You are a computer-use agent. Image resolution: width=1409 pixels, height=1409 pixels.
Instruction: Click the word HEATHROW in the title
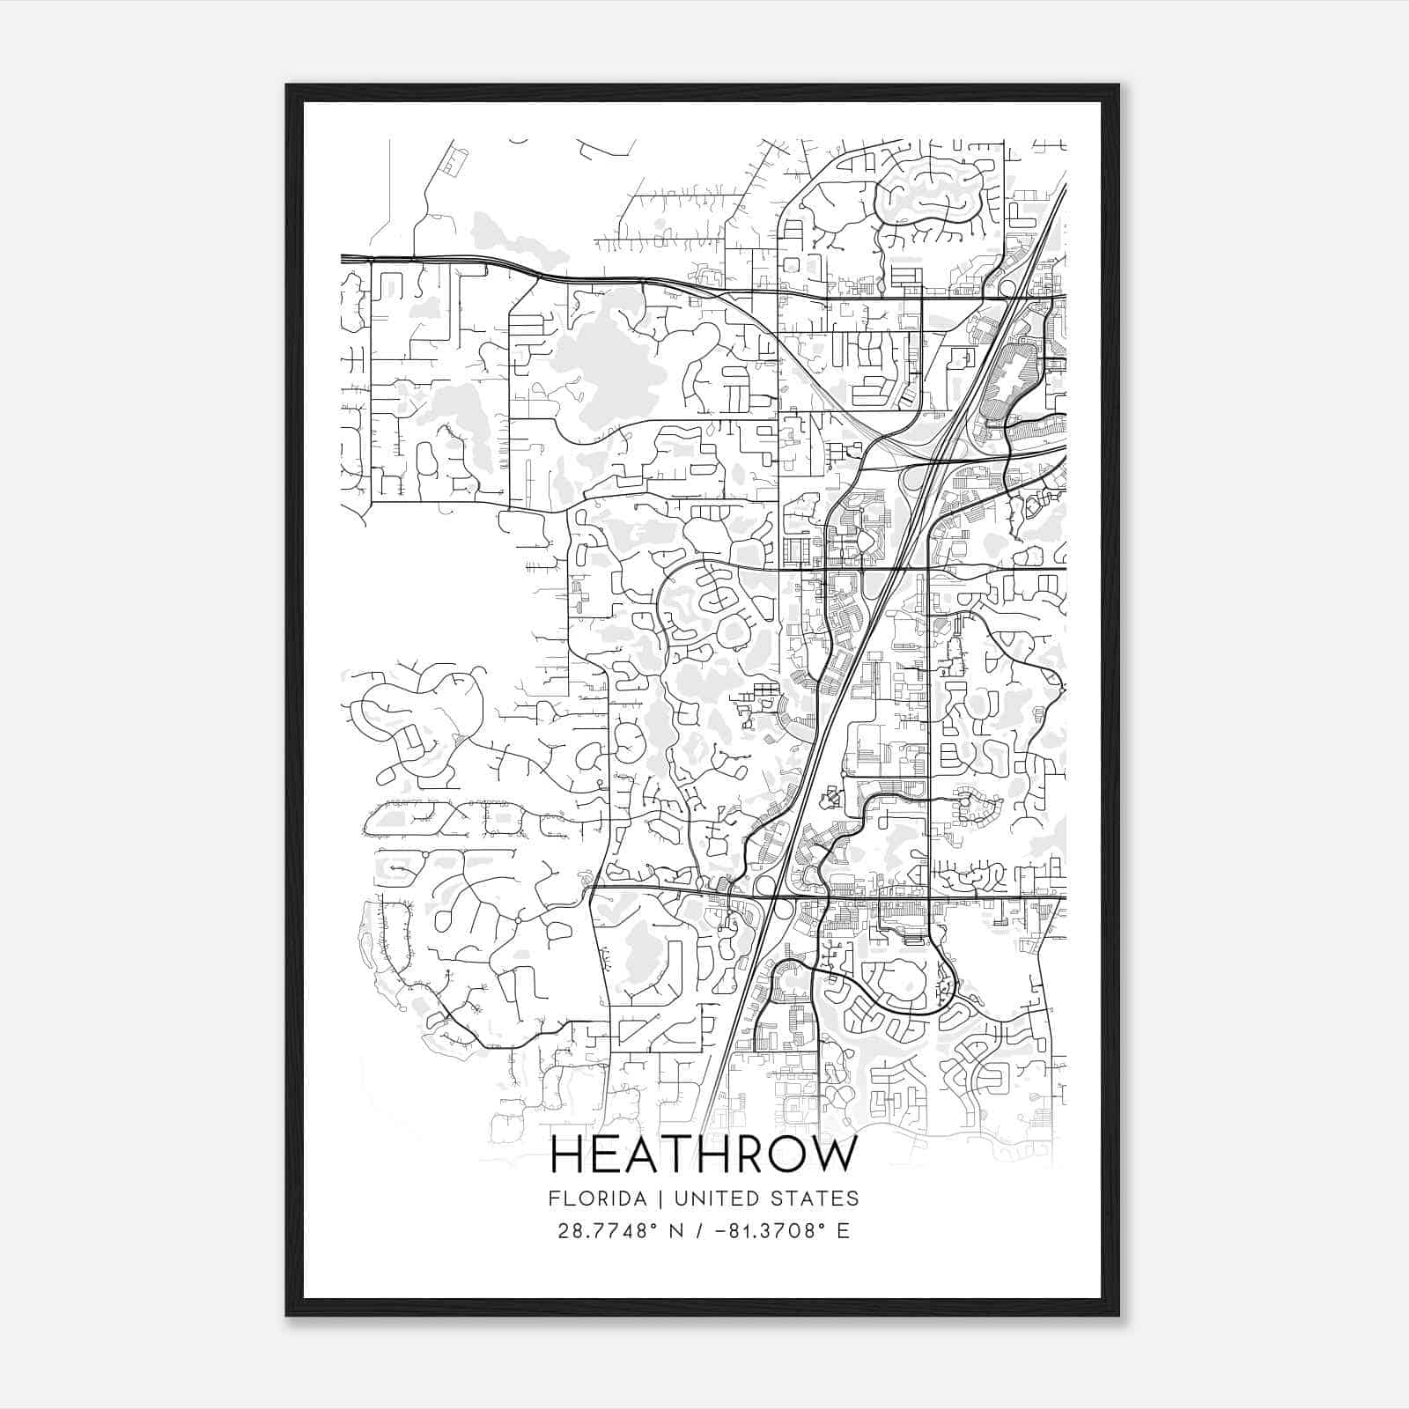tap(704, 1154)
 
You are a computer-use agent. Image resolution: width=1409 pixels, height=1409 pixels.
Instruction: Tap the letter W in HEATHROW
tap(831, 1154)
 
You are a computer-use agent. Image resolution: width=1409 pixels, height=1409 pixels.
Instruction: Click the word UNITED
tap(700, 1199)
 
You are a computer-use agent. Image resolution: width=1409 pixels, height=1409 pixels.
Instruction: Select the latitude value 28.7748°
tap(607, 1231)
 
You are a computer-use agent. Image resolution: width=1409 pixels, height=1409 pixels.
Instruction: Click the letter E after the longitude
tap(844, 1231)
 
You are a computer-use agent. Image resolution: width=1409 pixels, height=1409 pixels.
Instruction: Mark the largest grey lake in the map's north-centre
tap(608, 361)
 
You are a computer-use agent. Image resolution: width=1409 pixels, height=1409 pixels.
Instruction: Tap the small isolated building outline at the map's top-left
tap(453, 162)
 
